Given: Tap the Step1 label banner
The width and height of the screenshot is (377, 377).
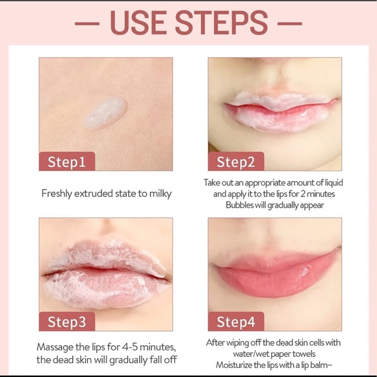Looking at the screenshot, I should pos(67,161).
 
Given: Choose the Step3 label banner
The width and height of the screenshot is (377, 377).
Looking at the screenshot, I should pos(67,321).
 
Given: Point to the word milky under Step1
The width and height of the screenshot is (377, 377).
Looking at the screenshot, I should pos(157,193).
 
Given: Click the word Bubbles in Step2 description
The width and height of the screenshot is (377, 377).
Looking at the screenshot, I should pos(242,205).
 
